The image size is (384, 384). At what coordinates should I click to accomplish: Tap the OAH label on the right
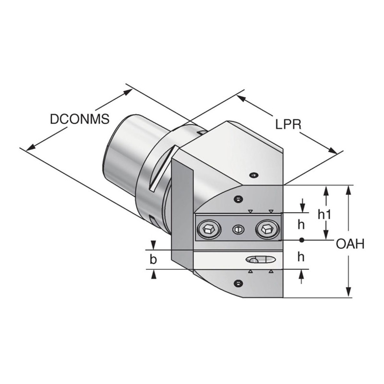click(350, 244)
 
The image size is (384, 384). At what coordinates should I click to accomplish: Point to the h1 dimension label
click(325, 215)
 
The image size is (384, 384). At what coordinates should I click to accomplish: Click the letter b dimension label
click(153, 260)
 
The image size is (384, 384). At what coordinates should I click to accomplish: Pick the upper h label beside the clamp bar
click(301, 224)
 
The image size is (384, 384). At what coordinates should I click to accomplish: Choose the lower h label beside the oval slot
click(301, 257)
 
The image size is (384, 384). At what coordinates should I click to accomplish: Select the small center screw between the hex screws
click(237, 230)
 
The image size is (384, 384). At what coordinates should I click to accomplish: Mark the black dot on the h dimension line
click(301, 240)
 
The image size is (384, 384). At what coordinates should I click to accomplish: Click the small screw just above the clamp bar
click(237, 199)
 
